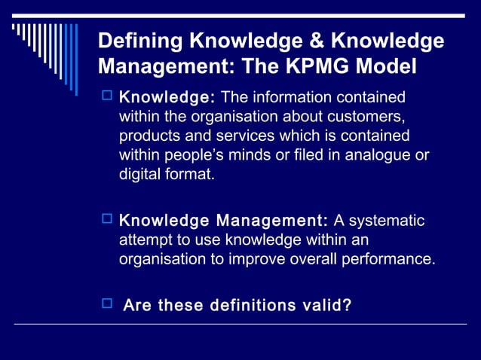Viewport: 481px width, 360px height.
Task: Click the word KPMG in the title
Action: [x=326, y=66]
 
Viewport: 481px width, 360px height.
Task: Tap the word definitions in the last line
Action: [x=261, y=305]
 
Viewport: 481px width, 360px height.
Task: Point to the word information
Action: [x=288, y=97]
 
